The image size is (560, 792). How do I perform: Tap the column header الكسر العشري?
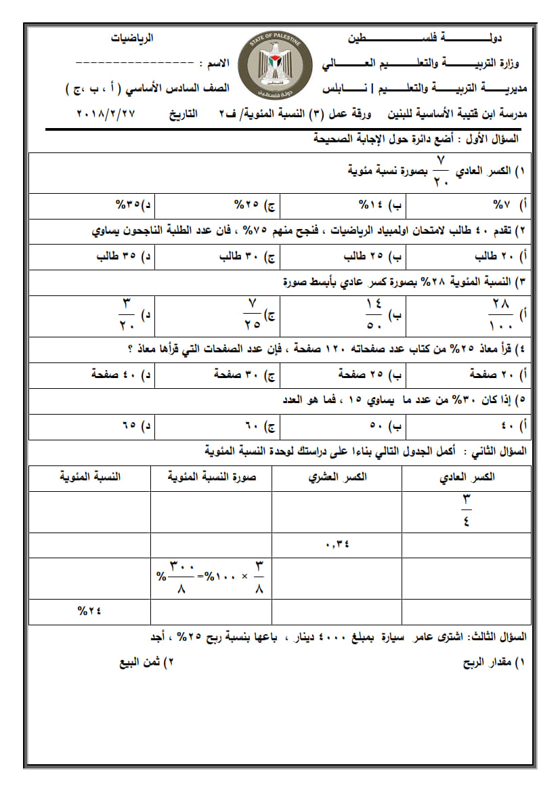[338, 477]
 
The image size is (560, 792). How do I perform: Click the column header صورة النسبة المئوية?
[213, 477]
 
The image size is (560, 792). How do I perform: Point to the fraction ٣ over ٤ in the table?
[467, 512]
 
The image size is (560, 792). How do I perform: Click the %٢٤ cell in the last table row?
[89, 611]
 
